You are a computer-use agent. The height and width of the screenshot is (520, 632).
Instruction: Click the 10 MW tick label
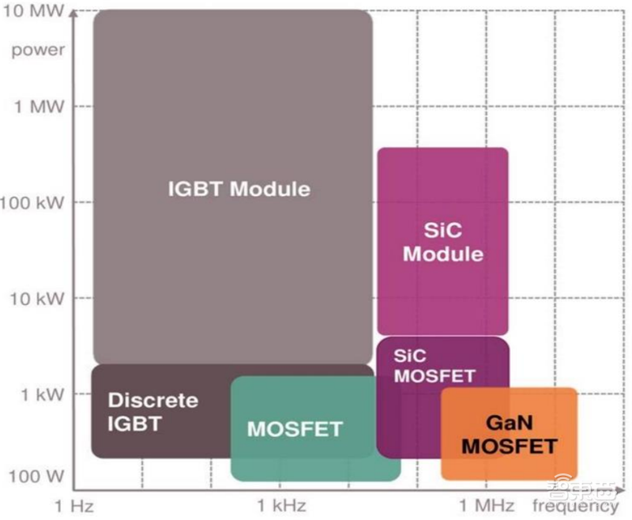33,10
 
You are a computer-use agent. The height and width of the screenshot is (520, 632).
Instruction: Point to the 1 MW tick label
39,107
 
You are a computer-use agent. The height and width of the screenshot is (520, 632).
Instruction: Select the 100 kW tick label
32,202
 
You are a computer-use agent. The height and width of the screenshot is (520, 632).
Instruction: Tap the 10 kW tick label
37,299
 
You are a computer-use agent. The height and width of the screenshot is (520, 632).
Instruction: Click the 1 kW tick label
43,394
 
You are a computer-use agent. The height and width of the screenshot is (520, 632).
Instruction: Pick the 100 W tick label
36,476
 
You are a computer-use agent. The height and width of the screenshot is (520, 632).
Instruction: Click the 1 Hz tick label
74,506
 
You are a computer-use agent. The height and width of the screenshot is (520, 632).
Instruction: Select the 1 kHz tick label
282,505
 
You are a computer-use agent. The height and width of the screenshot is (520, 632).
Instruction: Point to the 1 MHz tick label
487,505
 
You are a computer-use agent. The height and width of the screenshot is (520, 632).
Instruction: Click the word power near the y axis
38,51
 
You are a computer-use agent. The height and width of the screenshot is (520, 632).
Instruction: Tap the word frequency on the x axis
576,507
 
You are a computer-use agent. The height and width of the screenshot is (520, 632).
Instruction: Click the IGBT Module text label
239,189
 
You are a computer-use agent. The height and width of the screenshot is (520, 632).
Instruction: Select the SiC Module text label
443,242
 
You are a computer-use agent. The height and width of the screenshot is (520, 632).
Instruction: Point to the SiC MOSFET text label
434,366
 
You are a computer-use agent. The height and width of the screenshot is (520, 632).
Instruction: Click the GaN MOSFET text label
510,435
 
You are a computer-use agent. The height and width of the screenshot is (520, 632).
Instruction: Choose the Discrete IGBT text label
152,412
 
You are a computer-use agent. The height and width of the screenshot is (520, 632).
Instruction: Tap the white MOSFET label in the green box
295,428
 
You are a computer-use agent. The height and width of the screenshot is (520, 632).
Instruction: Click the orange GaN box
510,434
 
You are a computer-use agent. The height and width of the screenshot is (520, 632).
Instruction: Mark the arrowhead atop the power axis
73,13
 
